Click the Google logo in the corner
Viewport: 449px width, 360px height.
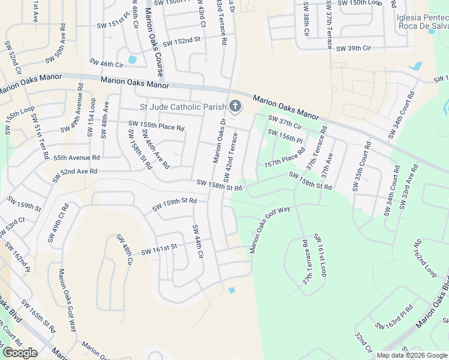20,353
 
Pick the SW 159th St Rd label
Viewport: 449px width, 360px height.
175,205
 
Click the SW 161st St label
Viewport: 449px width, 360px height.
159,249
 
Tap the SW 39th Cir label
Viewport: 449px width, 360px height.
362,48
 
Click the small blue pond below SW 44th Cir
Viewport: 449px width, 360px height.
232,291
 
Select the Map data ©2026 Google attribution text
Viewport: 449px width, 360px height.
412,355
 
